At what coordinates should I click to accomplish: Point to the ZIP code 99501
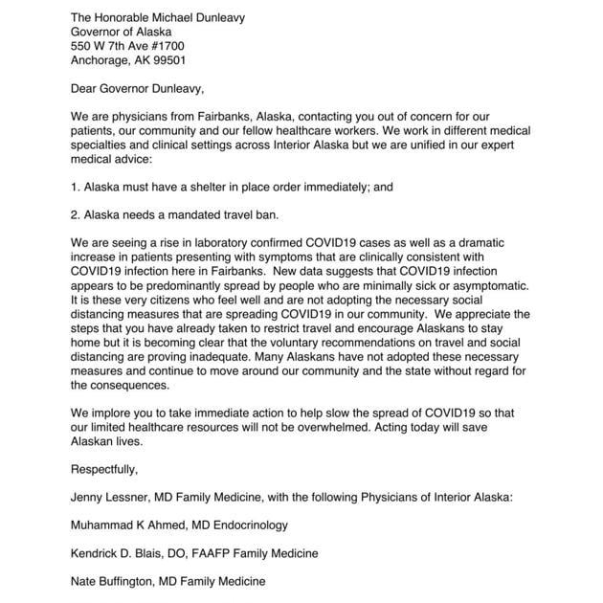pyautogui.click(x=165, y=59)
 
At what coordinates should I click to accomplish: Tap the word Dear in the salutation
pyautogui.click(x=86, y=90)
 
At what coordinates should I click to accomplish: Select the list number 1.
pyautogui.click(x=75, y=188)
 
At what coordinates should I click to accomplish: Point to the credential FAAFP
pyautogui.click(x=231, y=553)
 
